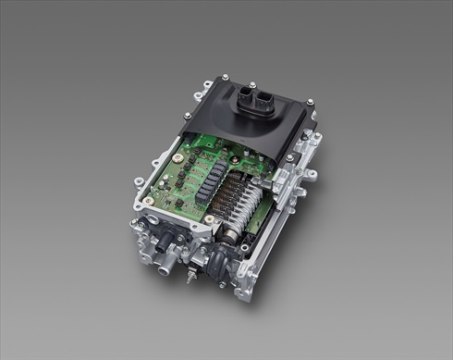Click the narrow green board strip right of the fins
(x=277, y=199)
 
